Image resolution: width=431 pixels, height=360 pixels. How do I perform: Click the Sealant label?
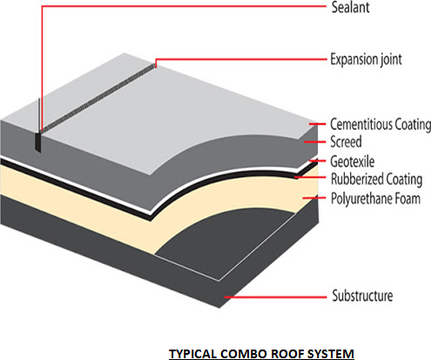coord(350,8)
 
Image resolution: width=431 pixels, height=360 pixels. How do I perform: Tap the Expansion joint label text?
coord(366,60)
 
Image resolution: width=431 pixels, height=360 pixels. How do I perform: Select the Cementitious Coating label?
coord(380,125)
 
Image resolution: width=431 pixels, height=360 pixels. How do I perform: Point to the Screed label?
coord(346,142)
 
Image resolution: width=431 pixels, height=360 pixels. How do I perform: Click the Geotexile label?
coord(353,161)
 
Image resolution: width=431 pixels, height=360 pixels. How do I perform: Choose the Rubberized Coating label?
coord(376,180)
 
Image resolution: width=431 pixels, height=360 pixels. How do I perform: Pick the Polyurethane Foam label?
coord(375,199)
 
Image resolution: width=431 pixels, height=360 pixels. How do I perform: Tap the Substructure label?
coord(362,295)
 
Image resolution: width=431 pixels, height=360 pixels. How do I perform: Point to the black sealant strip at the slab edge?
coord(38,142)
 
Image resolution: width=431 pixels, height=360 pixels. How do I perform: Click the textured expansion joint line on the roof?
coord(98,98)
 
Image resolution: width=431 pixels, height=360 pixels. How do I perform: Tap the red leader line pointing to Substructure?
coord(275,297)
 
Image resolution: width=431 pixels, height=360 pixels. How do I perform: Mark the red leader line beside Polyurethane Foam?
coord(314,198)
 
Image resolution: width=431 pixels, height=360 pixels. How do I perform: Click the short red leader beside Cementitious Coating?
coord(317,124)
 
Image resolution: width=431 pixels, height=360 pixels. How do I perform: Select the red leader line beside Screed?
coord(315,142)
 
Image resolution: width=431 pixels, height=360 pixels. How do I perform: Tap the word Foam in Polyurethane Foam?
coord(407,199)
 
